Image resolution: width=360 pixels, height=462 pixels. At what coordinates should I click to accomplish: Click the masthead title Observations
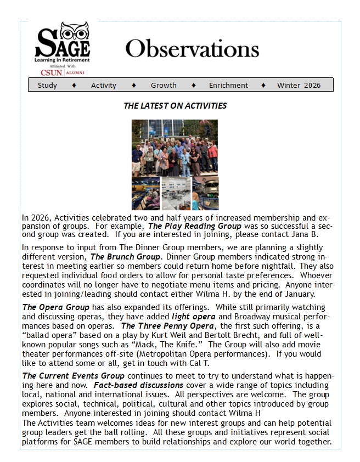point(192,49)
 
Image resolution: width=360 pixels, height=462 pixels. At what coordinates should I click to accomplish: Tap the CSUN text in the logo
point(52,72)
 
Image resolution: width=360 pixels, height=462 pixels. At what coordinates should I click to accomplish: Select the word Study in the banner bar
point(47,85)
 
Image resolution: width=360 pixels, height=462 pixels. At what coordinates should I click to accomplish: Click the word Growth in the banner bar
point(164,85)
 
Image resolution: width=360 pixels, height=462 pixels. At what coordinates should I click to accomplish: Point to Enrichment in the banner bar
point(228,85)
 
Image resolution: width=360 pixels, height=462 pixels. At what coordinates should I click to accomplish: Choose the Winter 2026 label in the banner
point(299,85)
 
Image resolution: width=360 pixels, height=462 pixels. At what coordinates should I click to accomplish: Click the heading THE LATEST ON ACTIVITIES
point(175,105)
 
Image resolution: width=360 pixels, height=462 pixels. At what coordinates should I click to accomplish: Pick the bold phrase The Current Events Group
point(73,376)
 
